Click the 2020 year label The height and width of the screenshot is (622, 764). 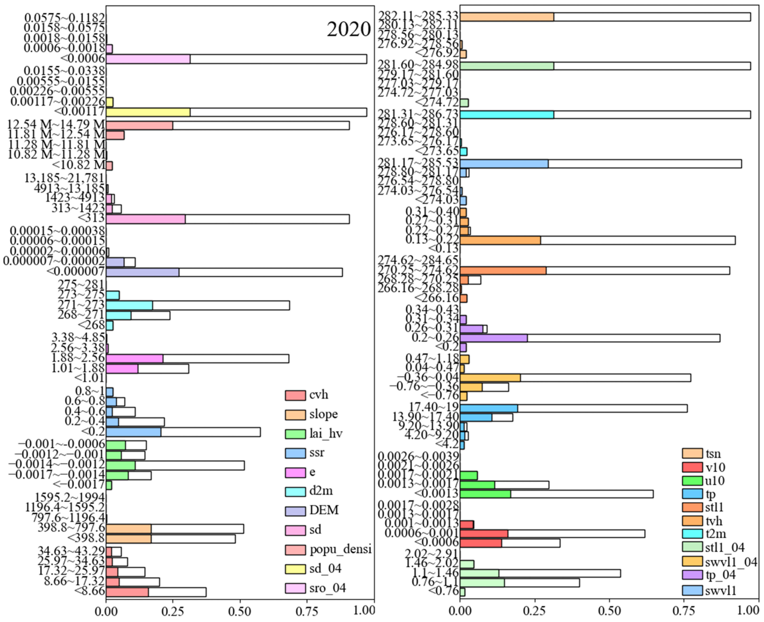(348, 29)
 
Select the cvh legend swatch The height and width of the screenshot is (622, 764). (295, 395)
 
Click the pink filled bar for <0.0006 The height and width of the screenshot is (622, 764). (148, 59)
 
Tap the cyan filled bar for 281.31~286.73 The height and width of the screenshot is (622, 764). (507, 115)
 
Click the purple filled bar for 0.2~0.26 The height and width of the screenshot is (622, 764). (493, 338)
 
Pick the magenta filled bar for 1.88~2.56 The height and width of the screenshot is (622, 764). (134, 359)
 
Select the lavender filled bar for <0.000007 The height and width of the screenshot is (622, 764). (142, 272)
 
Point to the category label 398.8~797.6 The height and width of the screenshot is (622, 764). (71, 528)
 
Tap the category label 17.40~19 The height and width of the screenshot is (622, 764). (434, 407)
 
